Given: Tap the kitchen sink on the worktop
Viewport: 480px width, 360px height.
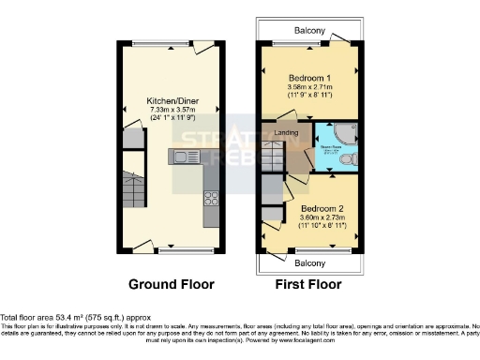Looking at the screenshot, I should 181,157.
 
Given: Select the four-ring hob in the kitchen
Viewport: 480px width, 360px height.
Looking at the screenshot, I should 211,198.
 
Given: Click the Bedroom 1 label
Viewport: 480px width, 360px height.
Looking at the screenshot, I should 307,78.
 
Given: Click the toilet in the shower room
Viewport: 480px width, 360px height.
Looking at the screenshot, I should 349,161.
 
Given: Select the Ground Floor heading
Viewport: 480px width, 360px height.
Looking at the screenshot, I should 171,283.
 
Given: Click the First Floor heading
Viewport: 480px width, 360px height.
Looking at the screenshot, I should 307,283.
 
